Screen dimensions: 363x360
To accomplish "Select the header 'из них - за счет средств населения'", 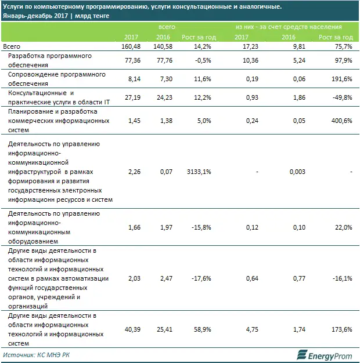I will coord(288,27).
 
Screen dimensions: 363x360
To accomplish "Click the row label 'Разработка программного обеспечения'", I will coord(49,60).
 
